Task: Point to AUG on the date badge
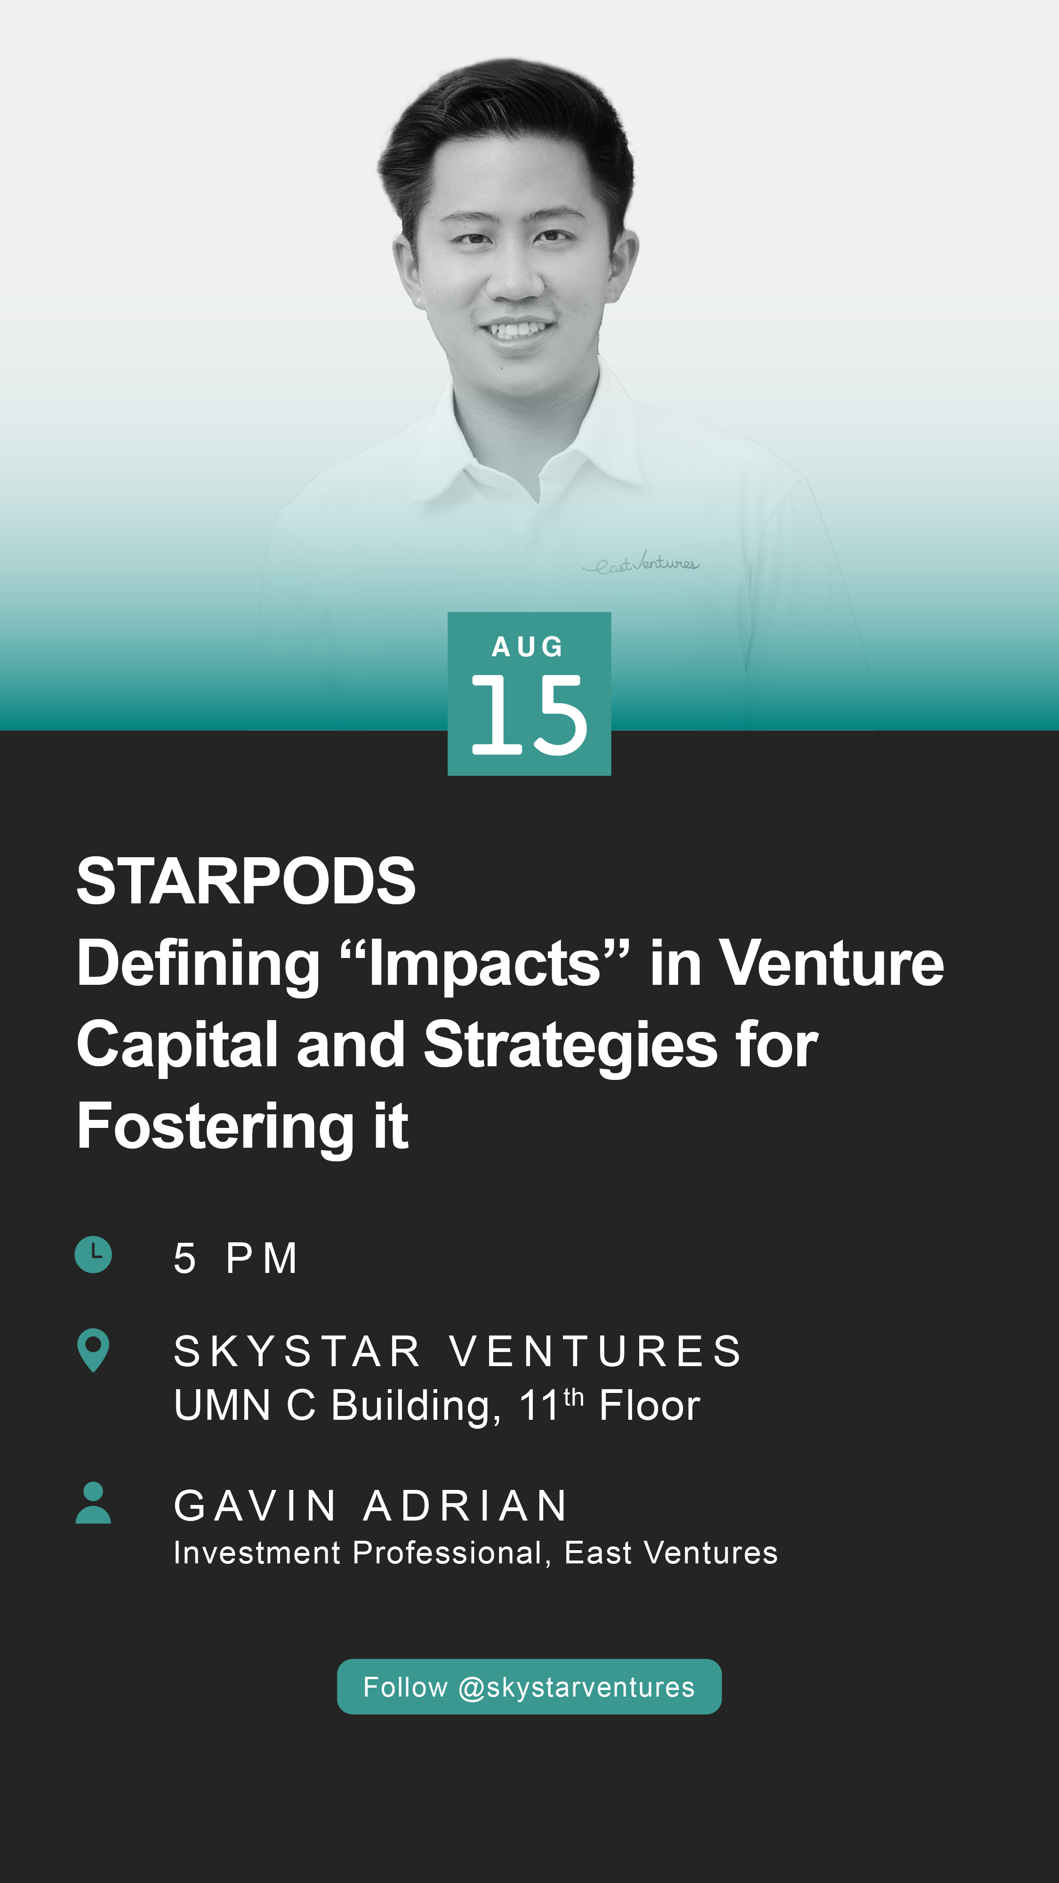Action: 528,646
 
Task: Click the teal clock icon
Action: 94,1255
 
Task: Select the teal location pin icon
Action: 94,1349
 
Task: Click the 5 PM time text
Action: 235,1258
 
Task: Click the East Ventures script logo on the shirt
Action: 641,563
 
